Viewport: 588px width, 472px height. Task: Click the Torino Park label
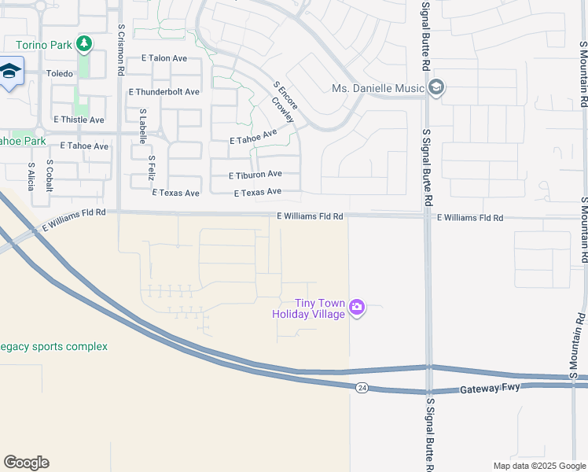coord(43,43)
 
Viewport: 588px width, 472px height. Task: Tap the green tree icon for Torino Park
coord(84,44)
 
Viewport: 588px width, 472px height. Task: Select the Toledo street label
coord(59,73)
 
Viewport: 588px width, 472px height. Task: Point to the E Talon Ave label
coord(166,57)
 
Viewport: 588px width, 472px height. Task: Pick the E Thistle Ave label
coord(79,120)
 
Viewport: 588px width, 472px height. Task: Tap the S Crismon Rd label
coord(121,49)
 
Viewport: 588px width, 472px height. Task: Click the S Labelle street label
coord(142,126)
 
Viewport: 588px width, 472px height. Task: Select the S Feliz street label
coord(152,168)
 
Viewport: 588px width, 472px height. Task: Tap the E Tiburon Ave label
coord(255,174)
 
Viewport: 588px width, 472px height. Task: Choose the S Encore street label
coord(277,94)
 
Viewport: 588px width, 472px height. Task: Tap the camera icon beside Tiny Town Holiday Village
coord(357,307)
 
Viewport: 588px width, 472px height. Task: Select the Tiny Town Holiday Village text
coord(309,308)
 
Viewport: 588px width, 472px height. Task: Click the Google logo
coord(26,463)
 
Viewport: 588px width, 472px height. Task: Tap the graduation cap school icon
coord(9,73)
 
